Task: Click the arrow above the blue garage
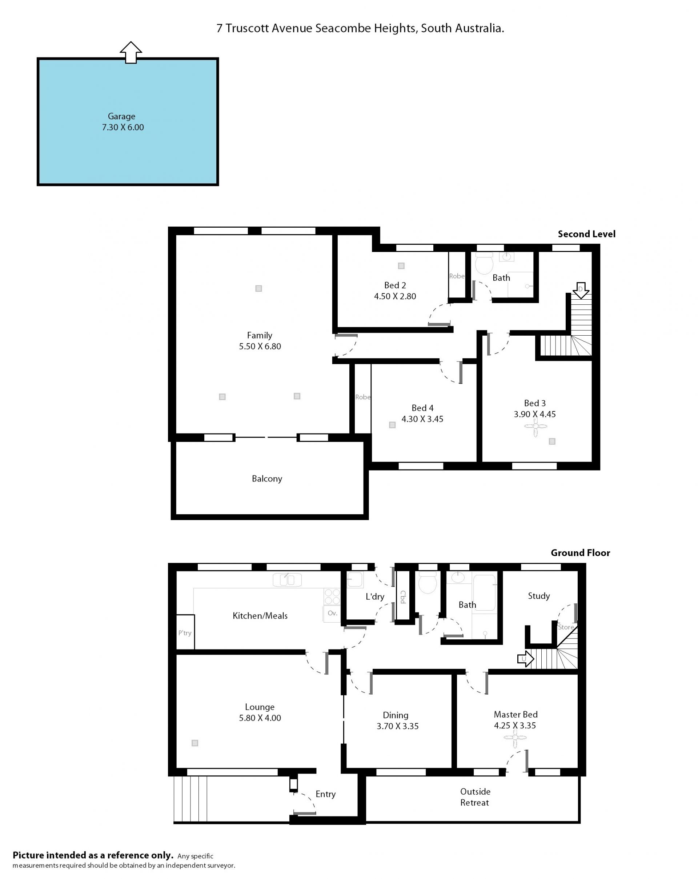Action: [x=131, y=53]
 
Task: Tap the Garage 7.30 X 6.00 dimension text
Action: [x=123, y=127]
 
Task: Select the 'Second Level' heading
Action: [x=586, y=234]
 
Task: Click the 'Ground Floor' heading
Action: [x=580, y=553]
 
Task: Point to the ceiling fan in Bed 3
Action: [x=535, y=427]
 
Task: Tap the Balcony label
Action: [x=266, y=479]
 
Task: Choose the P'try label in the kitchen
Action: [x=185, y=633]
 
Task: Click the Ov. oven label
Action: [x=332, y=613]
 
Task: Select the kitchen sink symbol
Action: [x=287, y=579]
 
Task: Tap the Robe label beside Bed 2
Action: [x=456, y=276]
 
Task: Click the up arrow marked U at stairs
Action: [x=525, y=659]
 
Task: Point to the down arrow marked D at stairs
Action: [x=580, y=290]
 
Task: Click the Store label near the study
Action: [x=566, y=627]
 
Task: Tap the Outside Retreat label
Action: [x=475, y=797]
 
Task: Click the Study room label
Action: [x=539, y=596]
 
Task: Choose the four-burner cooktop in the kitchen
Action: [x=332, y=596]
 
